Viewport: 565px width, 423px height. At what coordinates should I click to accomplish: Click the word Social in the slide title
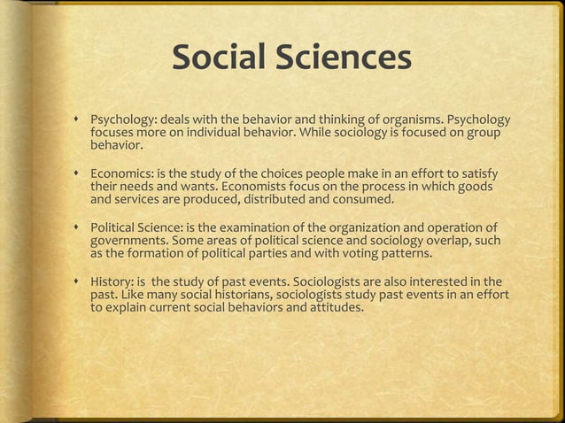pos(216,59)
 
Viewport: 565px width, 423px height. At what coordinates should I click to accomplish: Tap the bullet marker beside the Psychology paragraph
pos(78,119)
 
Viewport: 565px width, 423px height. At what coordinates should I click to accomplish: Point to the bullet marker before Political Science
pos(78,227)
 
